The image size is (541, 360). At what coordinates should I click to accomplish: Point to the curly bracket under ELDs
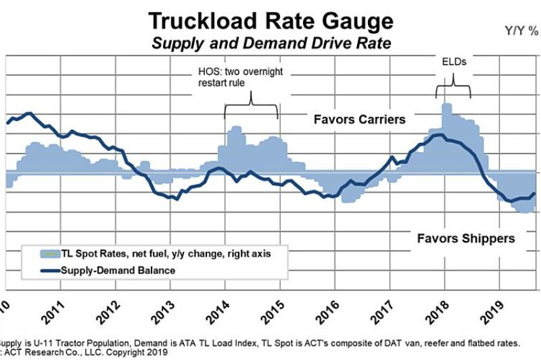click(x=453, y=88)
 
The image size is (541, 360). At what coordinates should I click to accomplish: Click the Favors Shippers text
click(x=465, y=238)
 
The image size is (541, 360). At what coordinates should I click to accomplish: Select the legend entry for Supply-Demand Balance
click(x=118, y=270)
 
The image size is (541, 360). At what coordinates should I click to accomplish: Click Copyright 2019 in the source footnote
click(x=129, y=352)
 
